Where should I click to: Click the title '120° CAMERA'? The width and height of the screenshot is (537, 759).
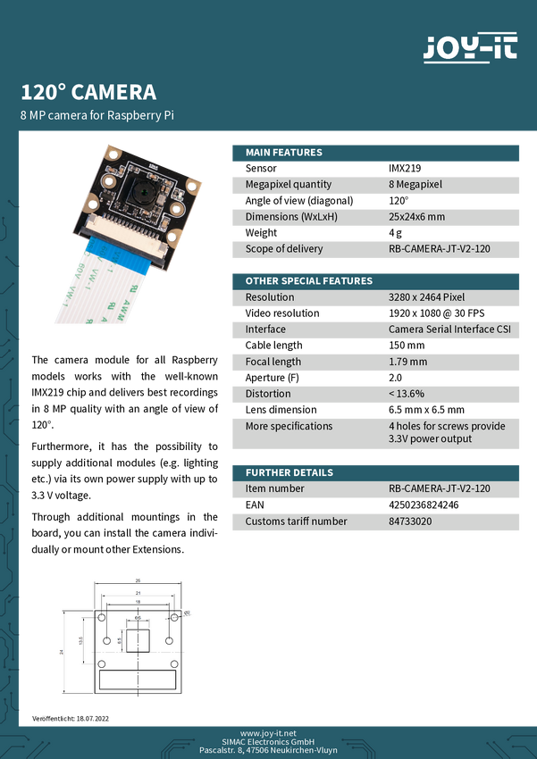click(88, 92)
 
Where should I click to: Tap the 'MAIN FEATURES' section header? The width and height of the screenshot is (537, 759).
click(284, 153)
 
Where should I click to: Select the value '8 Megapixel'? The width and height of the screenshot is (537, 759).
click(416, 185)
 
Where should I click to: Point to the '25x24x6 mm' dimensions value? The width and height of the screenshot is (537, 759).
click(416, 217)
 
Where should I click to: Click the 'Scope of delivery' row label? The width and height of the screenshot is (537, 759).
click(284, 249)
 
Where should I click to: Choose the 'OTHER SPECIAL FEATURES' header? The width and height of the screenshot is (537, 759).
click(309, 281)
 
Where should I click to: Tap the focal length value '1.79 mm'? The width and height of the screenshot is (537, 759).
click(408, 362)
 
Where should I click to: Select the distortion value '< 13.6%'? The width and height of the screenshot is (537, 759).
click(407, 394)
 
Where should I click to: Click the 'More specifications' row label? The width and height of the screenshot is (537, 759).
click(289, 426)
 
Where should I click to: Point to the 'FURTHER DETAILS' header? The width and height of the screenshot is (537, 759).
click(289, 472)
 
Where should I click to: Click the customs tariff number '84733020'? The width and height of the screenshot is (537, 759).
click(410, 521)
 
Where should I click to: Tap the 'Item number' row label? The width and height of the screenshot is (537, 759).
click(274, 488)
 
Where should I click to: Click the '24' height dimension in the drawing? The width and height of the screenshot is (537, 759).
click(62, 653)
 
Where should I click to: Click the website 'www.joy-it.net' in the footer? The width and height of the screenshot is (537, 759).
click(268, 733)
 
